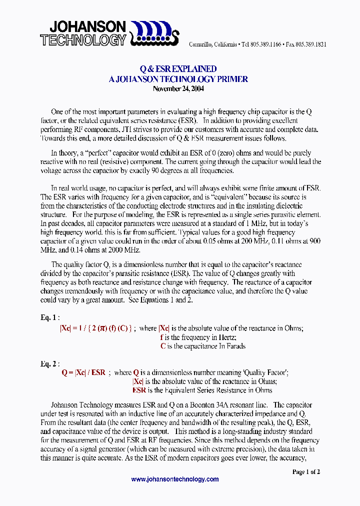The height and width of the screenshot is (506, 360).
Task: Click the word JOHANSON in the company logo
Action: (83, 26)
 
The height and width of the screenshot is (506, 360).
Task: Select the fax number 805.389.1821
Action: (311, 44)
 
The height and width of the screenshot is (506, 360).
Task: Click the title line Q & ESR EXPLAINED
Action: (178, 69)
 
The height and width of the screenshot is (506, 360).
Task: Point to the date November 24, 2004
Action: (178, 89)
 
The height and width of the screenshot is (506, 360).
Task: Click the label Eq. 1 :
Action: (50, 317)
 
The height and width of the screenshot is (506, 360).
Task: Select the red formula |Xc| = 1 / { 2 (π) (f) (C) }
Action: (96, 328)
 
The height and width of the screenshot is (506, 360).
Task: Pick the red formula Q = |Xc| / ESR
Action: (83, 372)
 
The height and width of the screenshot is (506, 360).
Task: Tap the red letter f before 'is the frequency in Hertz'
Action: (161, 337)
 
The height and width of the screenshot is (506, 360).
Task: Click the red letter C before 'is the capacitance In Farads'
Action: (163, 346)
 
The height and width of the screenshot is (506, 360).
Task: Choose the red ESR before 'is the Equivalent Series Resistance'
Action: (139, 390)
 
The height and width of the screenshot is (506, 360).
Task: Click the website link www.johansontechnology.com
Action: (175, 479)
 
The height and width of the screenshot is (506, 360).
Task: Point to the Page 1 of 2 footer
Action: (305, 471)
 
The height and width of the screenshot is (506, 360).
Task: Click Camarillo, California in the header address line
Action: (212, 44)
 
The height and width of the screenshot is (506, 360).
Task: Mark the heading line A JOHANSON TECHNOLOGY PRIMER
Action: (178, 79)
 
